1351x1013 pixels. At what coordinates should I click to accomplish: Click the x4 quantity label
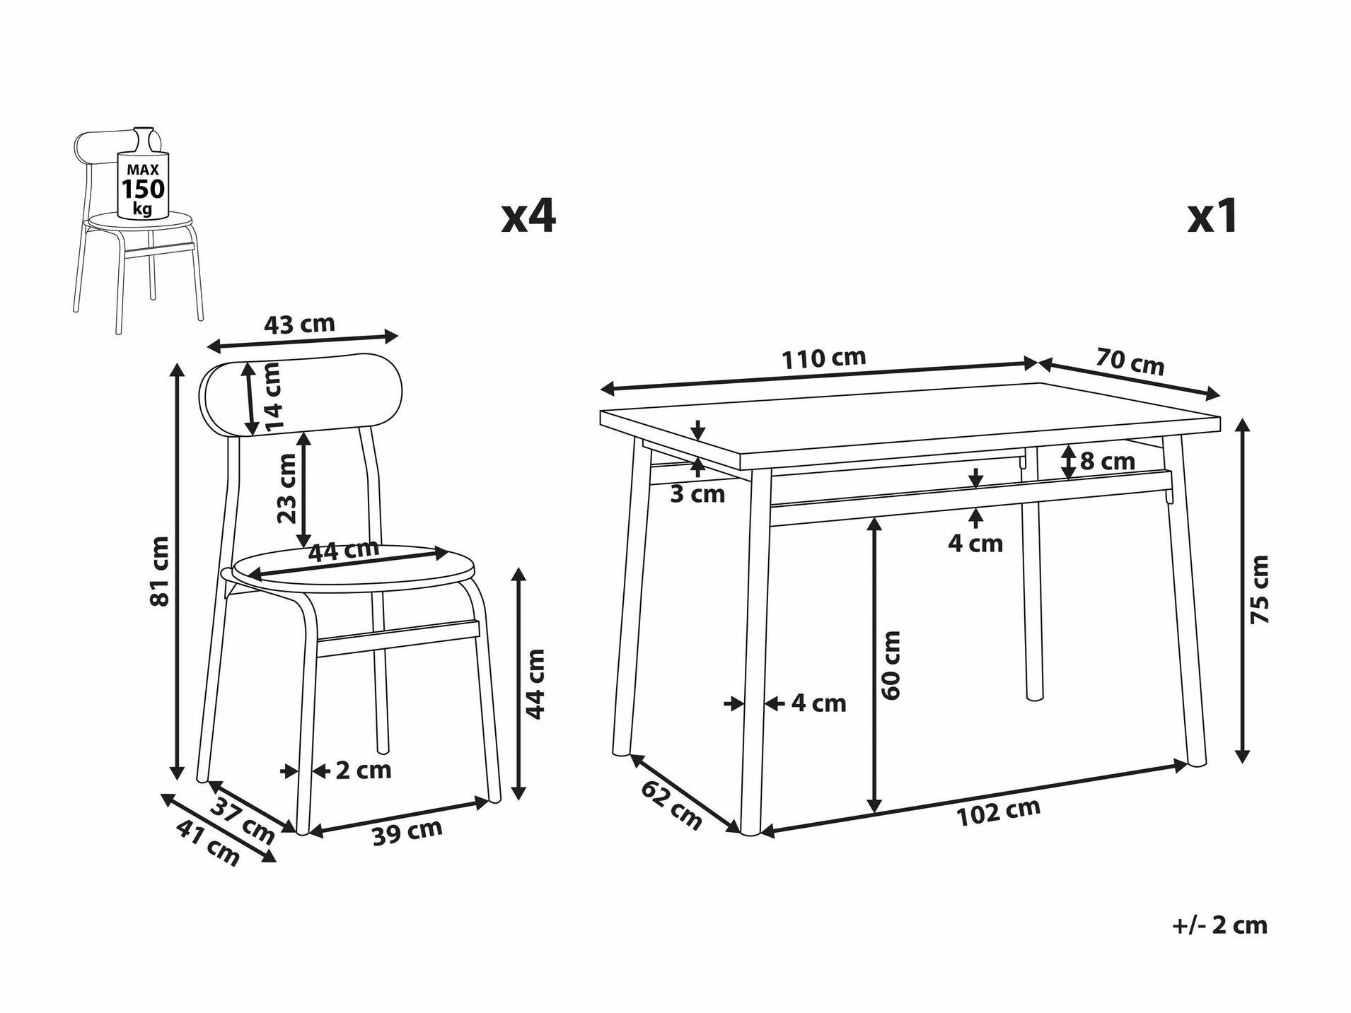click(528, 216)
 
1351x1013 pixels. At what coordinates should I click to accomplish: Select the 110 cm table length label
click(823, 358)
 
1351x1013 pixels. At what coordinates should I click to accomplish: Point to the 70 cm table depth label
click(1130, 362)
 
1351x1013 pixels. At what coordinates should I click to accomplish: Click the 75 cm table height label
click(1260, 590)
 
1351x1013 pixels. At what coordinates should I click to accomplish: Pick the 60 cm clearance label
click(891, 665)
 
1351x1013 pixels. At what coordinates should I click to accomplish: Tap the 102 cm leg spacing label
click(998, 812)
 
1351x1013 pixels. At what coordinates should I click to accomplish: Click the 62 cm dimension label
click(671, 805)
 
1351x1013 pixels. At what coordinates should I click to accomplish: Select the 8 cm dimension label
click(1107, 462)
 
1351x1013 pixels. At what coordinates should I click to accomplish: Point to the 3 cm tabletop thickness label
click(697, 494)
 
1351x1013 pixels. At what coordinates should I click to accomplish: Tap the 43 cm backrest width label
click(299, 324)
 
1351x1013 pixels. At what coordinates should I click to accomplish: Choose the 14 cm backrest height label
click(272, 397)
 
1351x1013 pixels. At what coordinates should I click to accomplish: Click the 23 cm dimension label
click(286, 488)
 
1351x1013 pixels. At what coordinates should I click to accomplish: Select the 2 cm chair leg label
click(363, 770)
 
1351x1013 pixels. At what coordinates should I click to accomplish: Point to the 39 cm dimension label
click(407, 832)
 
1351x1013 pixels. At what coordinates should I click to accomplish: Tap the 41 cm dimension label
click(208, 842)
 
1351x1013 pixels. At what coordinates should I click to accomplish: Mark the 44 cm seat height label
click(536, 684)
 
